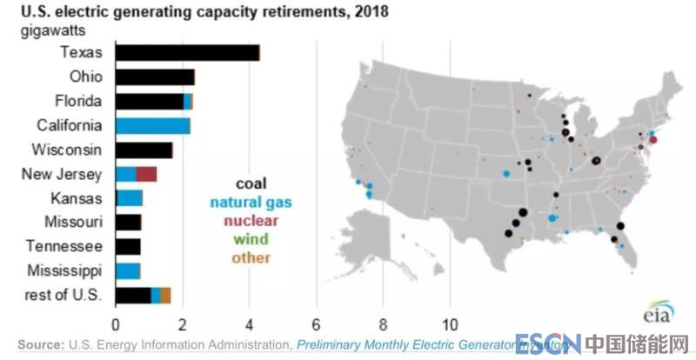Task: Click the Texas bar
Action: (x=187, y=52)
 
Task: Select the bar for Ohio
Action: (x=154, y=77)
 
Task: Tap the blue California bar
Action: (x=152, y=125)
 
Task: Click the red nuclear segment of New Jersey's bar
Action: (x=146, y=174)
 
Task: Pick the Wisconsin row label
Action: (x=67, y=150)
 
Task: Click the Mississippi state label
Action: (x=64, y=270)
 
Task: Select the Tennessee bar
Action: (x=127, y=246)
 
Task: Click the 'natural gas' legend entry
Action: (x=251, y=202)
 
